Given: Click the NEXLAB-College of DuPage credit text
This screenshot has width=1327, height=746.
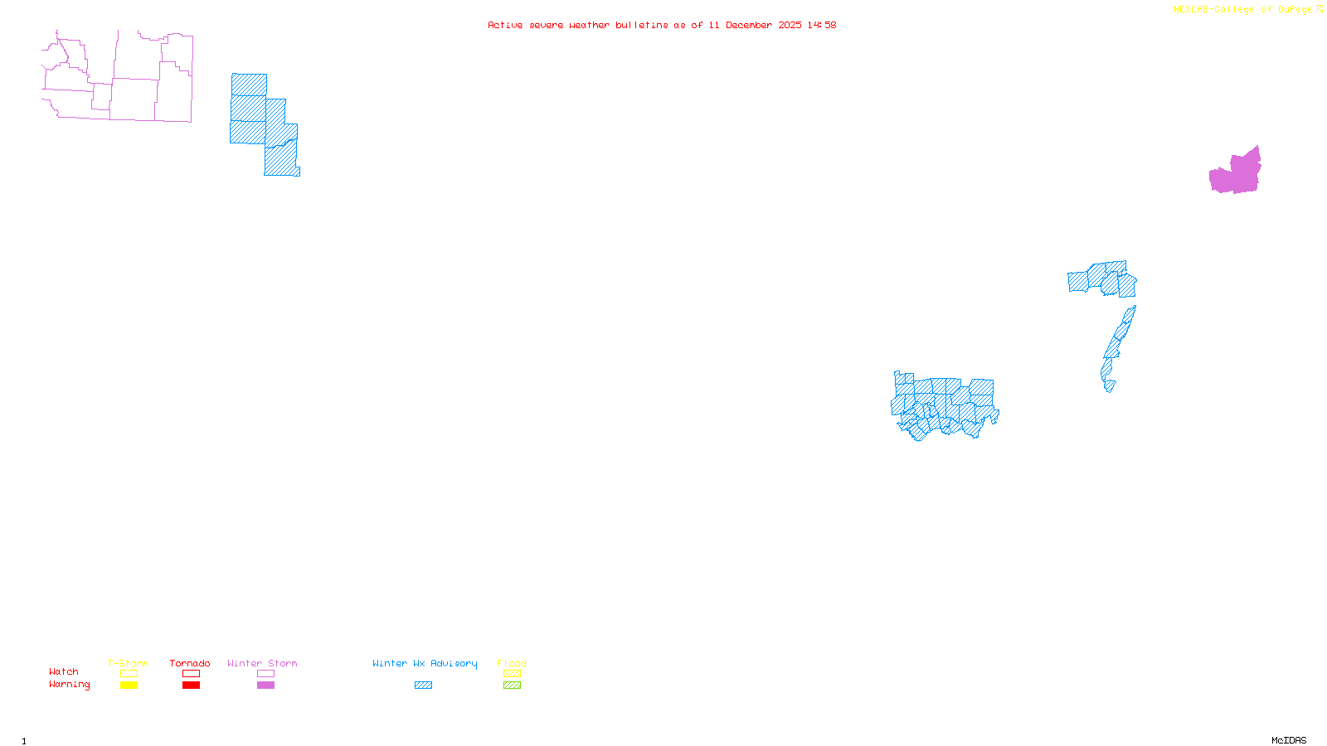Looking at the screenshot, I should (x=1242, y=10).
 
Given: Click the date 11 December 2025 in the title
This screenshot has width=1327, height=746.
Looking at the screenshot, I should (x=755, y=26).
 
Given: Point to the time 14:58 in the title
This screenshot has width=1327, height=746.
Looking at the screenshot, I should (x=822, y=26).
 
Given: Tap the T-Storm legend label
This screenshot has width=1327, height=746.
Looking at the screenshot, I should (x=128, y=663).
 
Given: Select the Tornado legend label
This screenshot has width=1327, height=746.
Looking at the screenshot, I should (x=190, y=663).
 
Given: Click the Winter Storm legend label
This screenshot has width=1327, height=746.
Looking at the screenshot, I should (x=262, y=663).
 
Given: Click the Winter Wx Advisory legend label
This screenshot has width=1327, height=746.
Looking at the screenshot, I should (x=425, y=663).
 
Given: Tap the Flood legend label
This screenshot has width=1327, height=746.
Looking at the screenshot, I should (x=512, y=663).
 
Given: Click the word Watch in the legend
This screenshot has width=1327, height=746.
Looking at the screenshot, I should (x=64, y=672).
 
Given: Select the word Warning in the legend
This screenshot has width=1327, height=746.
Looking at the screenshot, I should (x=70, y=685).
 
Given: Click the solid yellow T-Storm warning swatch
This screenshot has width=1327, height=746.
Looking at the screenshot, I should (x=129, y=685).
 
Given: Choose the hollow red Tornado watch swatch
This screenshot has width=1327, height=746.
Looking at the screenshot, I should (x=191, y=674).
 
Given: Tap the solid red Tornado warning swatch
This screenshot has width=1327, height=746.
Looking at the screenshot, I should (x=191, y=685).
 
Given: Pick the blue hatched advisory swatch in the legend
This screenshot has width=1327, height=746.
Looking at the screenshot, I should (x=423, y=685).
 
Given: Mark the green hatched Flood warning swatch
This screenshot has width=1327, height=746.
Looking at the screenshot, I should (x=512, y=685).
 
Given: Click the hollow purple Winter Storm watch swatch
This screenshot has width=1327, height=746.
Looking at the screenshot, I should (x=265, y=674).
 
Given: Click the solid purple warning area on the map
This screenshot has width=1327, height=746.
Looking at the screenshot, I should (x=1236, y=174).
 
